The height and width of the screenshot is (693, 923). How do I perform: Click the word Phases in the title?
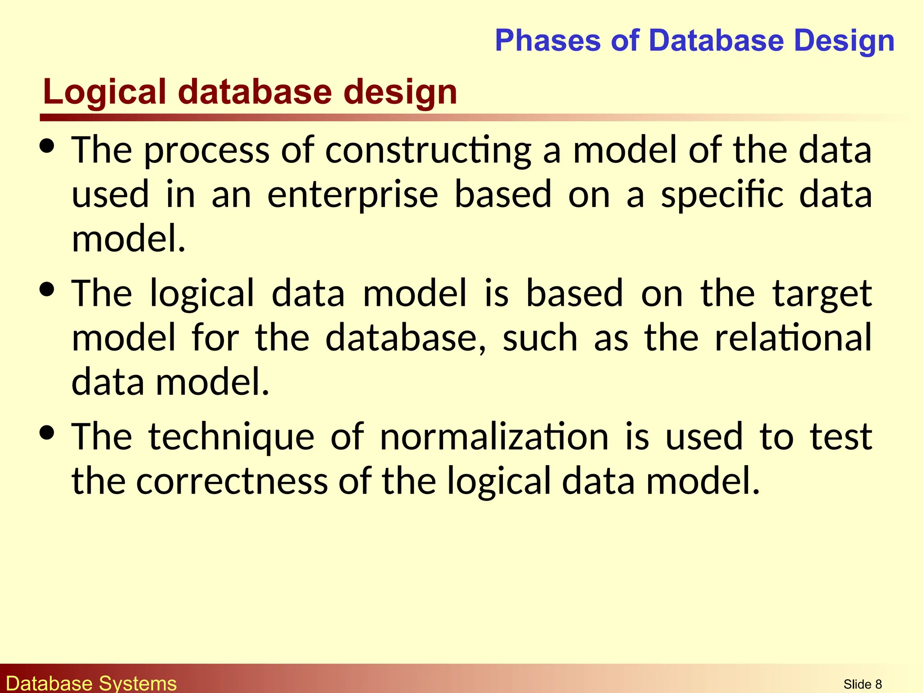(548, 41)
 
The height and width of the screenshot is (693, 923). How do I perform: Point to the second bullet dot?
(47, 289)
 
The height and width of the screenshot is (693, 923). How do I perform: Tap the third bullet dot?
(47, 433)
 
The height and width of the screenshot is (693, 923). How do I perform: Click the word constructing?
(428, 150)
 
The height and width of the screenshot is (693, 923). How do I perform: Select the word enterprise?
(353, 195)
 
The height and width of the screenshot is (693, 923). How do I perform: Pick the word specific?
(722, 195)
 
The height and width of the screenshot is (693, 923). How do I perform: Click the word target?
(822, 294)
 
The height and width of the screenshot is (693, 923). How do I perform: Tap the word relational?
(793, 338)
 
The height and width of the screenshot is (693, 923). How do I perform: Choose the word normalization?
(494, 436)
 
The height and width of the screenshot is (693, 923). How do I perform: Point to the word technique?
(231, 437)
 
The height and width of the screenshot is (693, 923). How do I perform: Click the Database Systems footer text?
(91, 683)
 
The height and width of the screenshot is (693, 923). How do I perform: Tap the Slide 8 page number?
(862, 684)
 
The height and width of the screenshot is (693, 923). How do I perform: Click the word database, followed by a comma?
(406, 338)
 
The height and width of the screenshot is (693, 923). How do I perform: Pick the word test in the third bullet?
(841, 437)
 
